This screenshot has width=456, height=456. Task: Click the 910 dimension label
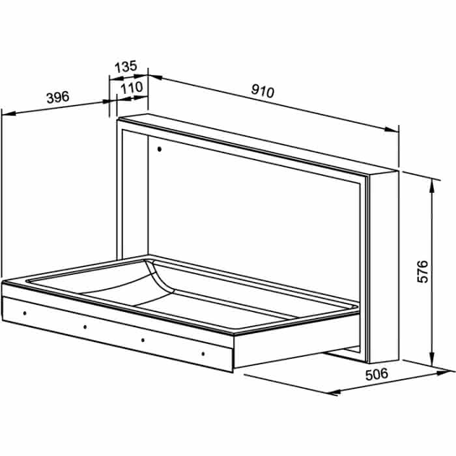coord(263,91)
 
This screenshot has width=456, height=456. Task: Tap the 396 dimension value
coord(58,97)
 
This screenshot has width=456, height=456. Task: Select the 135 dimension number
coord(126,66)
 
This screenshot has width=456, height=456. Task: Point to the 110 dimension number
coord(132,87)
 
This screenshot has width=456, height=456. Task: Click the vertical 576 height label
coord(423,272)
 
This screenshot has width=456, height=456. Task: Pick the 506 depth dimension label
coord(377,374)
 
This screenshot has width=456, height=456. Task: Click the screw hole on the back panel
coord(160,149)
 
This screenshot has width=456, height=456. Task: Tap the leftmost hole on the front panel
coord(25,313)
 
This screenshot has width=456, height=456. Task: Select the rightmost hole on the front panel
coord(203,354)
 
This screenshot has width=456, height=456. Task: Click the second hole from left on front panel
coord(85,327)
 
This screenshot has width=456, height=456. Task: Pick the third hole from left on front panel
coord(143,340)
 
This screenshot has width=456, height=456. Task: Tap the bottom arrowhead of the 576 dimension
coord(431,358)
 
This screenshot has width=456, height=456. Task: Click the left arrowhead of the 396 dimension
coord(8,113)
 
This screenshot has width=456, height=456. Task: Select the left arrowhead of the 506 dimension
coord(334,392)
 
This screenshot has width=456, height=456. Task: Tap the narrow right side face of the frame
coord(383,267)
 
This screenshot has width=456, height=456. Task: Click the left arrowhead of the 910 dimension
coord(155,77)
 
